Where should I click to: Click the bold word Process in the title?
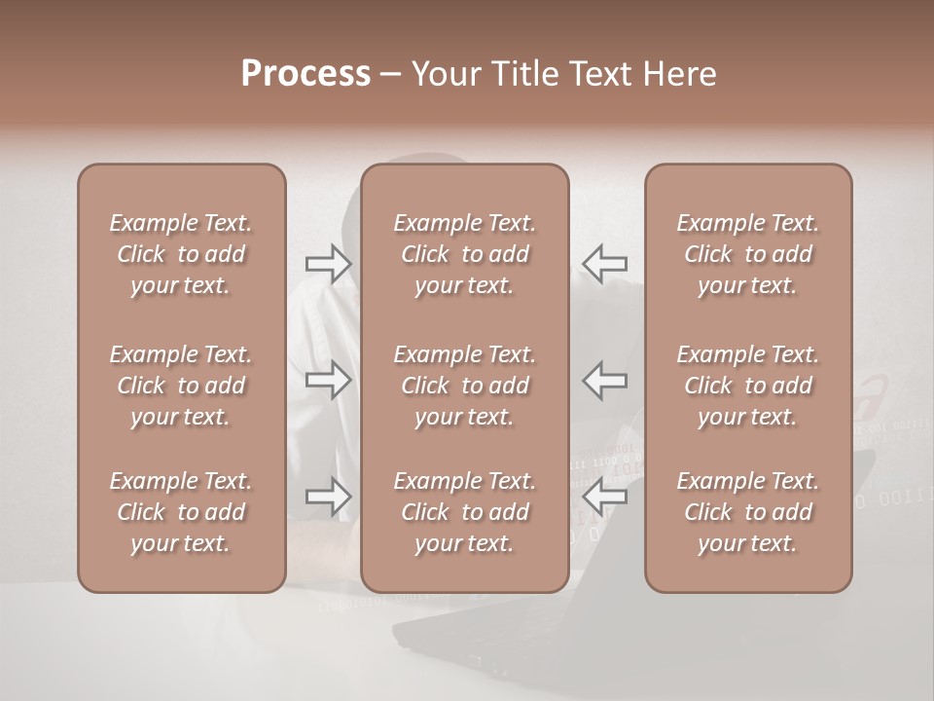(x=305, y=74)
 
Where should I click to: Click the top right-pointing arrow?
(x=328, y=264)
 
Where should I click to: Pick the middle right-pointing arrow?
(x=328, y=380)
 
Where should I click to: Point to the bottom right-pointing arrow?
(x=328, y=498)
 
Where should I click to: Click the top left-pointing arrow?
(x=605, y=264)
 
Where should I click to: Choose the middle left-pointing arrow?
(x=605, y=380)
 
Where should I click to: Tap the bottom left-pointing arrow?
(x=605, y=498)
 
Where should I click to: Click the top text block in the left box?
(x=181, y=254)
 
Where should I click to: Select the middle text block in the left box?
(x=181, y=386)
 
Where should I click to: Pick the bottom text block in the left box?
(x=181, y=512)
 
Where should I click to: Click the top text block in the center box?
(x=464, y=254)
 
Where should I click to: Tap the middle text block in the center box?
(x=464, y=386)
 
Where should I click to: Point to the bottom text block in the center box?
(x=464, y=512)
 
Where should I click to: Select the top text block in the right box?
(x=748, y=254)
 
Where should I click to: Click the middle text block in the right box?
(x=748, y=386)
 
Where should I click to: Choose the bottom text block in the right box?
(x=748, y=512)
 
